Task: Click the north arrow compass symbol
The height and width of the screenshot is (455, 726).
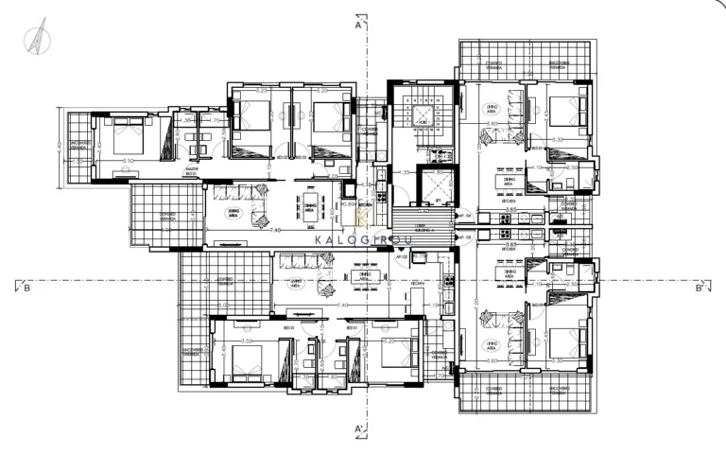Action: (38, 39)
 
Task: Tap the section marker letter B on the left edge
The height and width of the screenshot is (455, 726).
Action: (26, 288)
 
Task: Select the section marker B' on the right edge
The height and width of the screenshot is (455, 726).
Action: (699, 288)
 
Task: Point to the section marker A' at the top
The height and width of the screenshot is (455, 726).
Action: (358, 26)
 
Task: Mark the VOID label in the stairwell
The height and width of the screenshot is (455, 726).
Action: (423, 121)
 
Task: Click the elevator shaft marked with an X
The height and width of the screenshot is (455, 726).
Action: (435, 188)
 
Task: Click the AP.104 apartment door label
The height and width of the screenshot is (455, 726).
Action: (465, 216)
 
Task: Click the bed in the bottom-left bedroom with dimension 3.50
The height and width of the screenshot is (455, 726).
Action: (244, 361)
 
